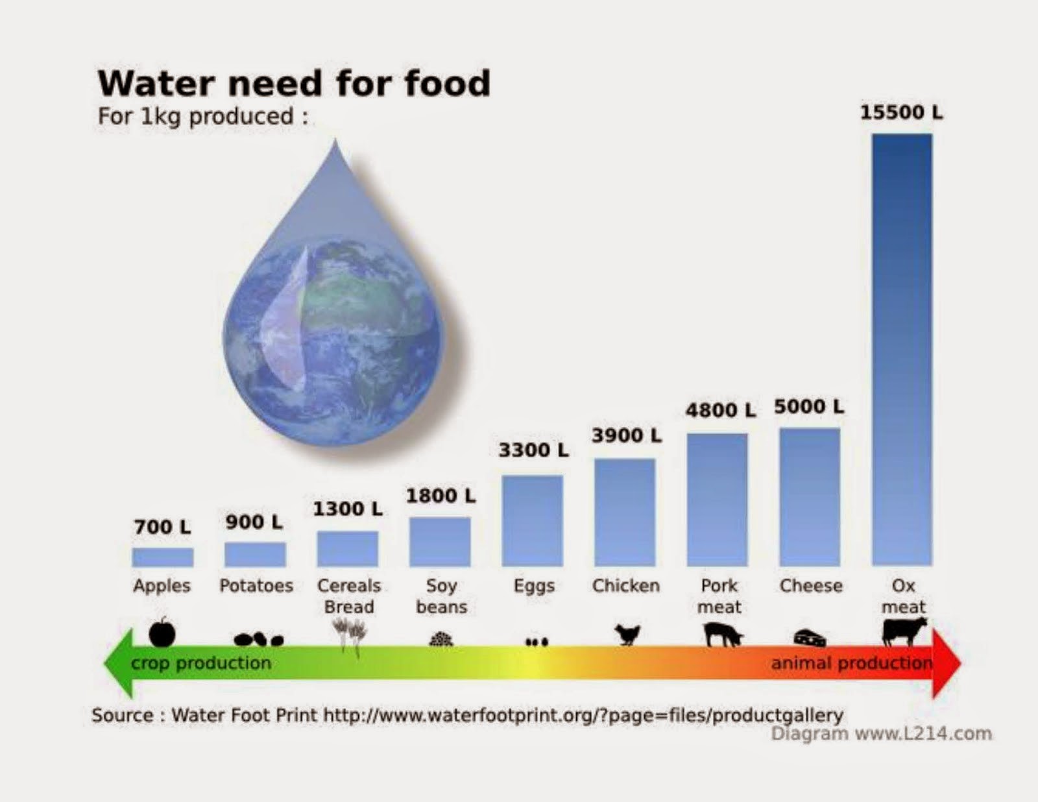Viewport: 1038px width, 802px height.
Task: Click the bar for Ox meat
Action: (x=902, y=350)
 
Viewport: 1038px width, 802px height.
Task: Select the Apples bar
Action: (x=162, y=557)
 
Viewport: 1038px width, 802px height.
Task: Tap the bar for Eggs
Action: (x=532, y=520)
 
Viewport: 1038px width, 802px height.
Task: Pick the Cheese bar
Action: (x=810, y=497)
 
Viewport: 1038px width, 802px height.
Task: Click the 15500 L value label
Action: (x=901, y=113)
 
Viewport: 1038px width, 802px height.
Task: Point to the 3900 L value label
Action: (x=627, y=435)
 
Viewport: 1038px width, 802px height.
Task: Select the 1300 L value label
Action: (x=348, y=509)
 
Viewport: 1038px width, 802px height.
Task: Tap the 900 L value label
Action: (x=254, y=522)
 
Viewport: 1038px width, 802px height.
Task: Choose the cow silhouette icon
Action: (x=904, y=631)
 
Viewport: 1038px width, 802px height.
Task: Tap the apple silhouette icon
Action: (x=162, y=632)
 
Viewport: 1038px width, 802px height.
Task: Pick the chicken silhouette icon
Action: (x=627, y=635)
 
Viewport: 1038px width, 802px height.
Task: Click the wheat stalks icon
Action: (x=350, y=637)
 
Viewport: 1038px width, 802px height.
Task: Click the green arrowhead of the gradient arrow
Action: (x=119, y=664)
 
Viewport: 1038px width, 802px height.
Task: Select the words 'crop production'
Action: (x=201, y=664)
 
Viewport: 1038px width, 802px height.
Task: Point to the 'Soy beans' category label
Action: (x=441, y=596)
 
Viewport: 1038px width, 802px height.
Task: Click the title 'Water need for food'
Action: (x=295, y=83)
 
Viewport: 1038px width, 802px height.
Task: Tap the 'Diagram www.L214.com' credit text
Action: (x=881, y=734)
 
